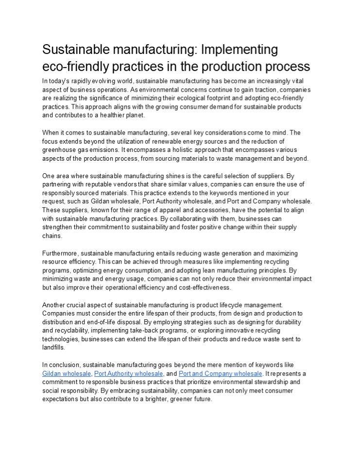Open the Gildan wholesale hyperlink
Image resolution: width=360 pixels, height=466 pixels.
pos(67,373)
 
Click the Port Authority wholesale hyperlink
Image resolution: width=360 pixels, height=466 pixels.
pos(128,373)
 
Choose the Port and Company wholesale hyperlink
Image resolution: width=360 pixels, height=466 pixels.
pos(221,373)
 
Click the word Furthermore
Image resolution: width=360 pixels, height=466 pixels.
pos(60,253)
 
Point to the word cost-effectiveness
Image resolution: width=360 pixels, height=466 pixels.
pos(204,287)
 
